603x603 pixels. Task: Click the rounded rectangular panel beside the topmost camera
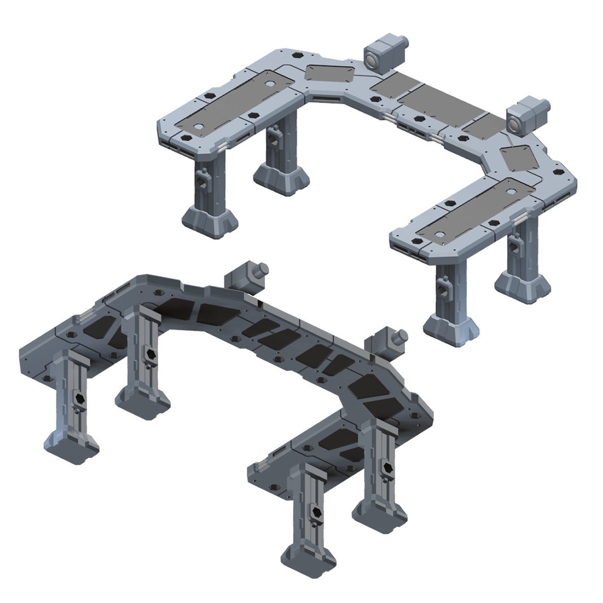pos(330,74)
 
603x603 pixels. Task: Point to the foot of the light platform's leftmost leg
pos(210,220)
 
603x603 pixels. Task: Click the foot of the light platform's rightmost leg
pos(522,287)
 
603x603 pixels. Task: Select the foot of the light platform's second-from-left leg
pos(281,178)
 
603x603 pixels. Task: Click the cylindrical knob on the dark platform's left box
pos(262,269)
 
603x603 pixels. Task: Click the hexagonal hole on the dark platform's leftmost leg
pos(79,401)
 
